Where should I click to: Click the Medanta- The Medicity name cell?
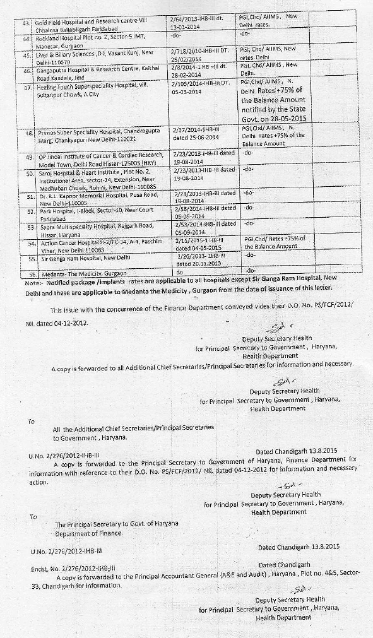(x=82, y=273)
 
